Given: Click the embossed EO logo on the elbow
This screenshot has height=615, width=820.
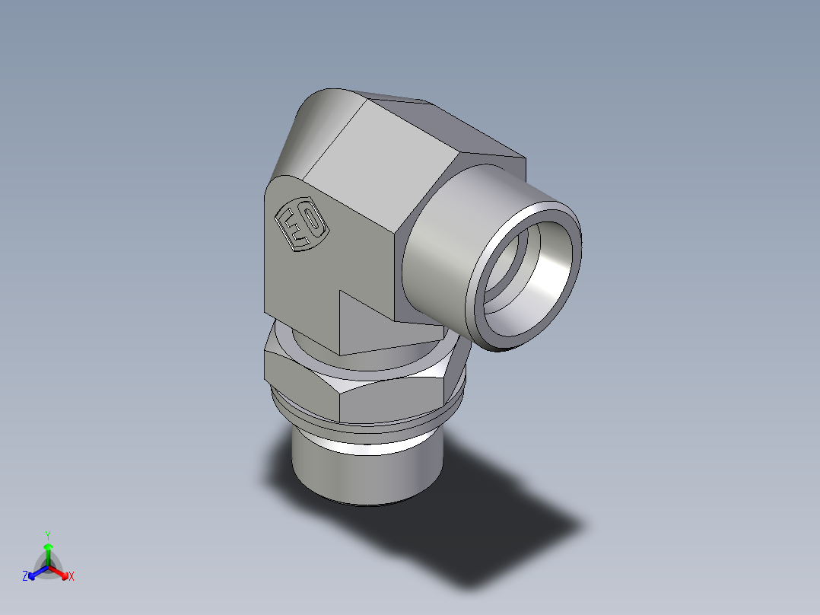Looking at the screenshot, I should pos(301,224).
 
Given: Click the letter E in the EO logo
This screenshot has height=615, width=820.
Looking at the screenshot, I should pos(292,228).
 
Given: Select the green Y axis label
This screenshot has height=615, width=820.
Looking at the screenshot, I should pos(47,535).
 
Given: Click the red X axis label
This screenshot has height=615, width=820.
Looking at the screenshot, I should pos(71,577).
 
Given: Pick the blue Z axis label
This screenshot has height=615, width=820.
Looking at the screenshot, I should pos(25,577).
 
